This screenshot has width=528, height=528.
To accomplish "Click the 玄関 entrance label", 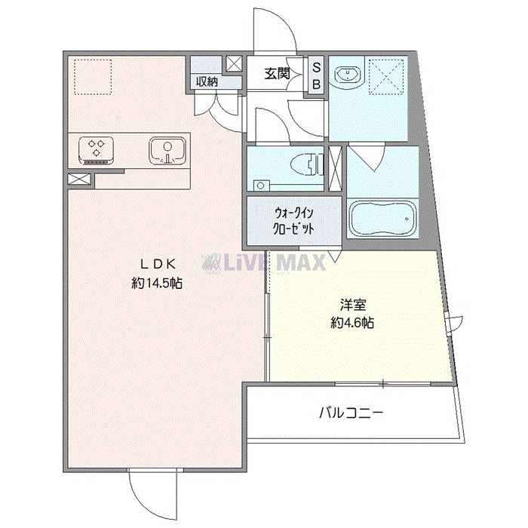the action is tap(277, 74).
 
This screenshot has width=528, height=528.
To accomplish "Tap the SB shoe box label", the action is tap(317, 76).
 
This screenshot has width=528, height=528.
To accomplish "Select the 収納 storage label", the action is tap(207, 81).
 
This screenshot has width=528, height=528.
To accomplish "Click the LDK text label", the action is tap(158, 264).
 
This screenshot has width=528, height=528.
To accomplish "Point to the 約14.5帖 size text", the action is tap(157, 283).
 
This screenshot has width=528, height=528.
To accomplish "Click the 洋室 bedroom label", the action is tap(352, 305).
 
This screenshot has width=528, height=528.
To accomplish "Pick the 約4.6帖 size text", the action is tap(352, 324).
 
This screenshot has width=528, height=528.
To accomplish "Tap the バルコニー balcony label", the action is tap(351, 412).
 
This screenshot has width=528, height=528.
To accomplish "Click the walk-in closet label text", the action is tap(293, 221).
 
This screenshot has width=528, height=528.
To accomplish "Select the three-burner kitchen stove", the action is tap(96, 150).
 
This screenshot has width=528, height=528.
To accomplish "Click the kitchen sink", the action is tap(167, 150).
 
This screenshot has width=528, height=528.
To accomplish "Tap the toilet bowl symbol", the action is tap(307, 164).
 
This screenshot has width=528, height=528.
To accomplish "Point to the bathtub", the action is tap(382, 219).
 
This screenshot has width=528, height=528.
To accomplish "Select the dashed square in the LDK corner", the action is tap(93, 77).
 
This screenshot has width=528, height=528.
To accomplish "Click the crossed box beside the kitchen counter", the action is tap(79, 179).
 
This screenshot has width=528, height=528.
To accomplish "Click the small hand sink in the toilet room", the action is tap(261, 185).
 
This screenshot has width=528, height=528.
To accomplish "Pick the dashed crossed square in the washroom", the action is tap(386, 77).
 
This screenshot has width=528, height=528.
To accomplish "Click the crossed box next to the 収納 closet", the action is tap(234, 63).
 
